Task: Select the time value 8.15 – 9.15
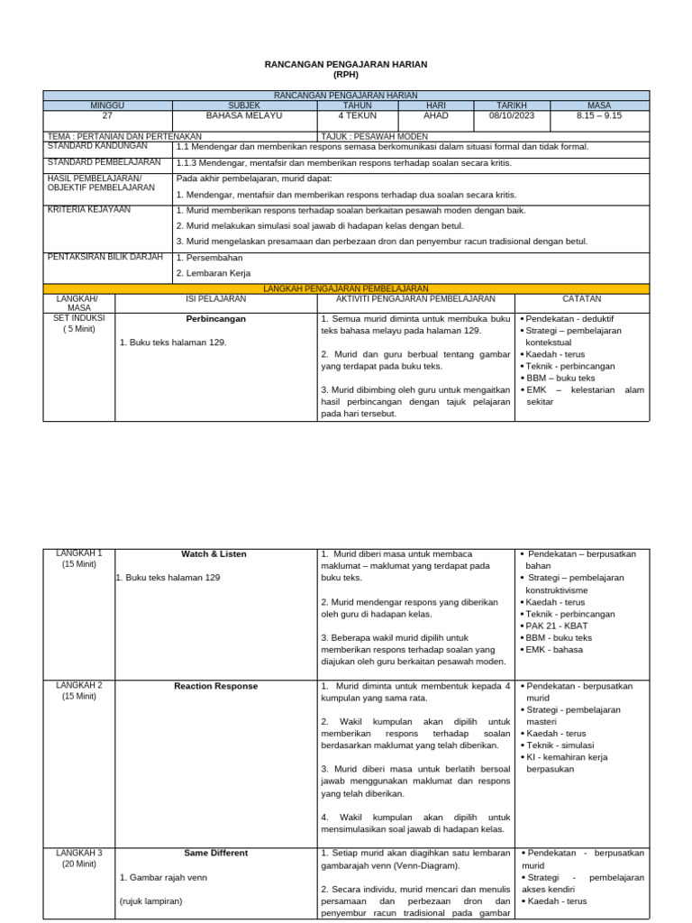598,116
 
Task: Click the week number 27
107,116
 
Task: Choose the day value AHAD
435,116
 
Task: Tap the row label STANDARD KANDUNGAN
97,145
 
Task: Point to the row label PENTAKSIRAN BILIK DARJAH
105,257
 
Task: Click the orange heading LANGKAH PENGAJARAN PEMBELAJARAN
345,288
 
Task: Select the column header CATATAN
581,298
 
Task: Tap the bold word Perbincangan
215,319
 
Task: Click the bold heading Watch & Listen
214,554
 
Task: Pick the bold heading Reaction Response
215,687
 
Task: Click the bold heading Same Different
215,854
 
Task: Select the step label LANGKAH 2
79,686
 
